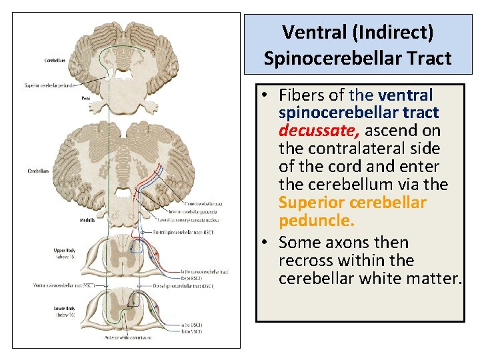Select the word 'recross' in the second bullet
tap(307, 260)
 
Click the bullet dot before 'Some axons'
tap(265, 242)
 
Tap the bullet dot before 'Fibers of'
tap(265, 94)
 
